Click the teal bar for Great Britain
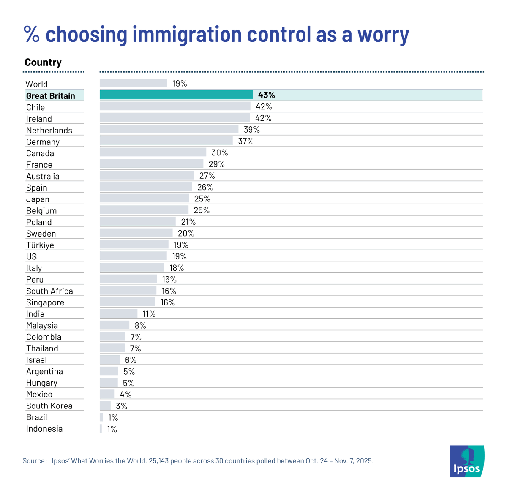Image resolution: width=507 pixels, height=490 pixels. coord(176,95)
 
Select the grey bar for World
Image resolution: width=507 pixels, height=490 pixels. coord(133,83)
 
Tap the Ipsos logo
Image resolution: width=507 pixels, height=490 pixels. coord(466,461)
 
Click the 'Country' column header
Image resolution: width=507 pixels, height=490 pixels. coord(43,63)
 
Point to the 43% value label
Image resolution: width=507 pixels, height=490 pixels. coord(266,95)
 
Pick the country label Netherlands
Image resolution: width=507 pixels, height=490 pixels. coord(49,131)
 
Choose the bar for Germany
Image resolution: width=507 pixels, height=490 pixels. coord(166,141)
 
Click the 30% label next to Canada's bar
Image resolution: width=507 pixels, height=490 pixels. coord(220,152)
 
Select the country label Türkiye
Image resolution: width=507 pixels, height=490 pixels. coord(40,245)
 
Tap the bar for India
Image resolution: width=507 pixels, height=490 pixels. coord(118,313)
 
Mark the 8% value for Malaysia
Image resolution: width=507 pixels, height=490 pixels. coord(140,325)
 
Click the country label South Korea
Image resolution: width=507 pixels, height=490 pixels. coord(49,406)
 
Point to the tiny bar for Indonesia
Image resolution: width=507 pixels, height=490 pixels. coord(101,429)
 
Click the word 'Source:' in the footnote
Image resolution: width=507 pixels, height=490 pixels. coord(34,461)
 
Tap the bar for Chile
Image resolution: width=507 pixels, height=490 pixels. coord(175,106)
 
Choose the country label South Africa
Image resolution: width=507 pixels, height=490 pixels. coord(49,291)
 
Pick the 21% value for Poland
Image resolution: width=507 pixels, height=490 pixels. coord(188,222)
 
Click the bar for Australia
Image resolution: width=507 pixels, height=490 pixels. coord(147,175)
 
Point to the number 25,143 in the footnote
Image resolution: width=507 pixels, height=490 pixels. coord(159,461)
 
